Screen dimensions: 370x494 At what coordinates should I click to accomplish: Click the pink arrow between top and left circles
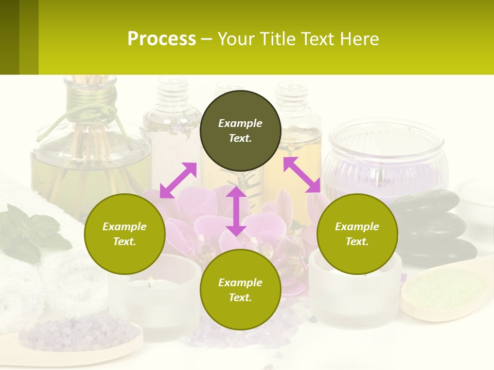click(x=178, y=180)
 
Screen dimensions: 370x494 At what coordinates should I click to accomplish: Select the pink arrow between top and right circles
click(x=302, y=175)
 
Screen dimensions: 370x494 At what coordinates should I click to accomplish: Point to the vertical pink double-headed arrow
click(x=236, y=211)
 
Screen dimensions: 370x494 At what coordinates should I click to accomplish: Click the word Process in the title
click(x=162, y=39)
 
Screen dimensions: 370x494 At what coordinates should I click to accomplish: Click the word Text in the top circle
click(x=240, y=138)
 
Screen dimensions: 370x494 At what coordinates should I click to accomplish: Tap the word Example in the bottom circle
click(x=240, y=283)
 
